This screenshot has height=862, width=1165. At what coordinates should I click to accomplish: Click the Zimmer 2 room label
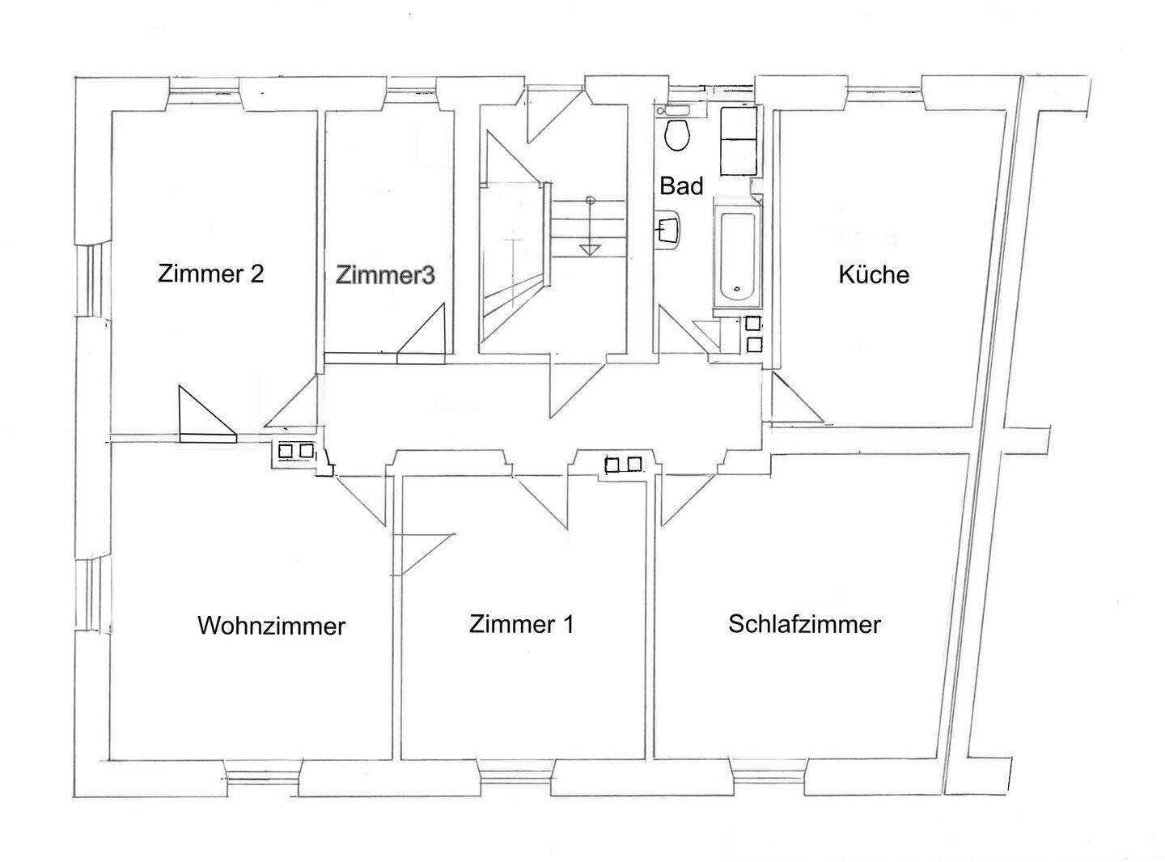(x=210, y=274)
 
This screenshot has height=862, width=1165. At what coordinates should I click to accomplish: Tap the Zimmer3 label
(x=385, y=275)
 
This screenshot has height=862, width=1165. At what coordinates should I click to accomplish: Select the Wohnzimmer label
(x=271, y=626)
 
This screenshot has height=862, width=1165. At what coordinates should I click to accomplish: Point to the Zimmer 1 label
(x=521, y=624)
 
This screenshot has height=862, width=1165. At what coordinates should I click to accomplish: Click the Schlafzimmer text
(x=804, y=624)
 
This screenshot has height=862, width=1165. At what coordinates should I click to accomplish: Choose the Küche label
(x=874, y=274)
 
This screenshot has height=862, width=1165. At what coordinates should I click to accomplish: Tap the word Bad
(x=681, y=186)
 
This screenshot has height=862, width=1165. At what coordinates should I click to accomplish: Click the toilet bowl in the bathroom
(x=676, y=134)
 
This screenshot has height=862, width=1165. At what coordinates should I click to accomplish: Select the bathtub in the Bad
(x=737, y=256)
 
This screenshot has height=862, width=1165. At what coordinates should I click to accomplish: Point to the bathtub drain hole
(x=737, y=289)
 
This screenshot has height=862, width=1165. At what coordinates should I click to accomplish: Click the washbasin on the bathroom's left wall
(x=668, y=228)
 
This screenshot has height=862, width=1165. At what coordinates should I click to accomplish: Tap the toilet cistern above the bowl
(x=673, y=110)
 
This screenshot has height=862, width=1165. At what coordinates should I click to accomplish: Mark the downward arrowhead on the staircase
(x=590, y=250)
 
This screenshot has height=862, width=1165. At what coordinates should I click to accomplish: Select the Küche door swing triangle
(x=797, y=397)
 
